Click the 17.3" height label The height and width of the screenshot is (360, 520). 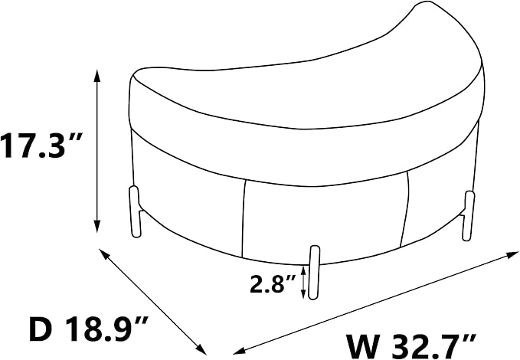click(x=41, y=146)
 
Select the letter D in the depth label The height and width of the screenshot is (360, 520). click(x=41, y=329)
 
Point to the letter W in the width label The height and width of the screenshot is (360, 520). click(x=363, y=346)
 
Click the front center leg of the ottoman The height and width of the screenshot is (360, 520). click(x=314, y=273)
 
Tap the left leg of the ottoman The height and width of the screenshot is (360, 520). click(x=135, y=211)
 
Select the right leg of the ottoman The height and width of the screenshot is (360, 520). click(x=468, y=215)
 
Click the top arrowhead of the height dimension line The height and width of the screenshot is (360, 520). click(x=96, y=75)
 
